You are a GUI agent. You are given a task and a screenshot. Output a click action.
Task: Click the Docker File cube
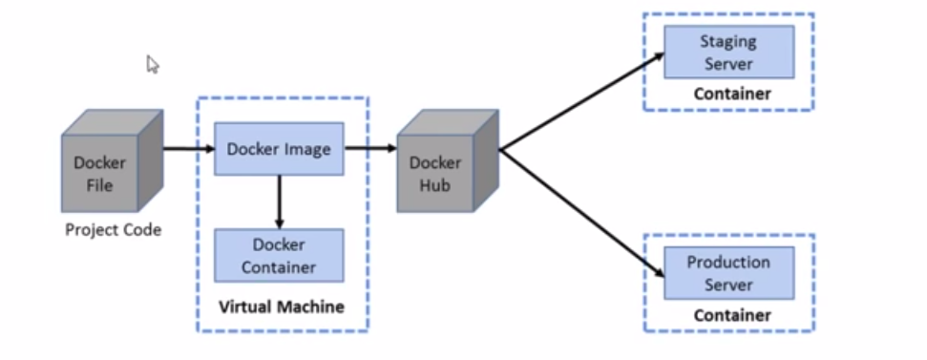click(x=100, y=172)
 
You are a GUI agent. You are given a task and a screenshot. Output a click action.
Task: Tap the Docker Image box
click(x=279, y=149)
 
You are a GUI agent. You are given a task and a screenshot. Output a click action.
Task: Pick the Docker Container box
click(x=279, y=255)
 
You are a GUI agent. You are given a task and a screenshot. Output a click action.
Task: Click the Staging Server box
click(x=728, y=53)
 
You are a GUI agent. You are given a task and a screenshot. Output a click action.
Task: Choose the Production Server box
click(x=728, y=273)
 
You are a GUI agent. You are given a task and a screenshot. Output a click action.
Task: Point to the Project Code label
click(x=113, y=230)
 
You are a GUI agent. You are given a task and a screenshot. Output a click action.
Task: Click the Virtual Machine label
click(x=282, y=307)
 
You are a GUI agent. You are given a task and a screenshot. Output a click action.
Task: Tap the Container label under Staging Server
click(x=731, y=94)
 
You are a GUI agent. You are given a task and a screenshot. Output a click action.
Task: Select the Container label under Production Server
click(x=731, y=314)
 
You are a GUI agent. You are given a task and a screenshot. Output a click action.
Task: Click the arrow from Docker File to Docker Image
click(x=188, y=149)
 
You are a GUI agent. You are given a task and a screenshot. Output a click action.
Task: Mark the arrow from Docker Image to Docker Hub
click(x=369, y=149)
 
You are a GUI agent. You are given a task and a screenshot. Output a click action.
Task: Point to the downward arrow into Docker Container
click(x=279, y=201)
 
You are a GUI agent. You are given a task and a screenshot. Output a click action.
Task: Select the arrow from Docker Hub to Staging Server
click(x=582, y=101)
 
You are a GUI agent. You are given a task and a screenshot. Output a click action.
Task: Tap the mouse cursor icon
click(x=153, y=64)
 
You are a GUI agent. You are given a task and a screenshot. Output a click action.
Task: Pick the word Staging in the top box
click(x=728, y=42)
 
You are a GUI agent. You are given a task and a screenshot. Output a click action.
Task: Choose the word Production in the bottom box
click(x=728, y=263)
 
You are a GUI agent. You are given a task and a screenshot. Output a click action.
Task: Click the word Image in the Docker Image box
click(x=307, y=149)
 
